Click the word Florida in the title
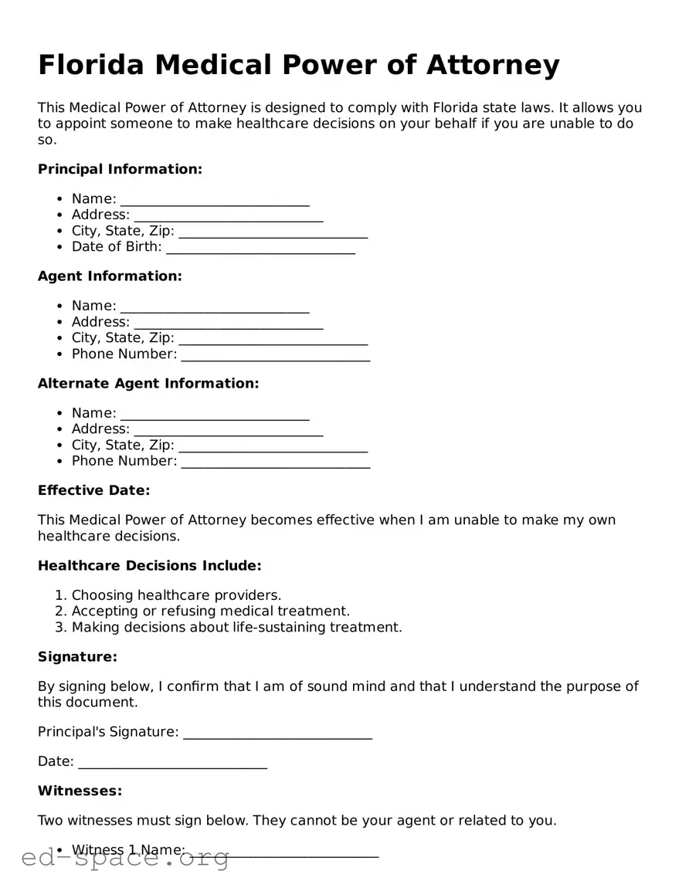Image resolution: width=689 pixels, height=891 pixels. click(91, 66)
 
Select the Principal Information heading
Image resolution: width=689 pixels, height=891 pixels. click(120, 169)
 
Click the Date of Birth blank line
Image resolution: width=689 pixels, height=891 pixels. click(260, 248)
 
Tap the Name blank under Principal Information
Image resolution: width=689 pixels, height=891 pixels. click(215, 200)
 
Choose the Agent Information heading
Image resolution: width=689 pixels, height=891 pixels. click(110, 276)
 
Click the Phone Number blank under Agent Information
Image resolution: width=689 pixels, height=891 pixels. click(275, 355)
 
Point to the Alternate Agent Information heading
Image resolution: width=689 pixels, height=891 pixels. click(148, 384)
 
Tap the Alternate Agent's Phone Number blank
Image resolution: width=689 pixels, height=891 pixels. click(275, 462)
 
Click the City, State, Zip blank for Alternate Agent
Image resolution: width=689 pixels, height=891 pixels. click(273, 446)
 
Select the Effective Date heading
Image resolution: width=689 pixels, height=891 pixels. click(93, 490)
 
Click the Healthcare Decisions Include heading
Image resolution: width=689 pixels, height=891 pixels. click(149, 566)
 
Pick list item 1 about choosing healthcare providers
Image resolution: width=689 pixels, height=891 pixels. click(176, 595)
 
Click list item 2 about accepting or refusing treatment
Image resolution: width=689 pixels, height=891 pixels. click(210, 611)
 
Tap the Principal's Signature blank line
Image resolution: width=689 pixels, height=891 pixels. click(277, 733)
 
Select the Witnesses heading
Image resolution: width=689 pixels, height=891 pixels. click(80, 791)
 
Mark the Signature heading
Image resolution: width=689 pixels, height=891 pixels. click(77, 657)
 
